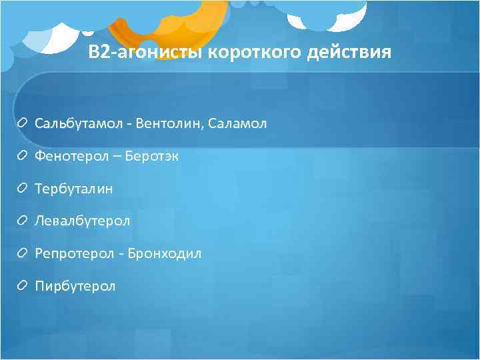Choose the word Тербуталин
pyautogui.click(x=74, y=189)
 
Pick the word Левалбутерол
pyautogui.click(x=83, y=221)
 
